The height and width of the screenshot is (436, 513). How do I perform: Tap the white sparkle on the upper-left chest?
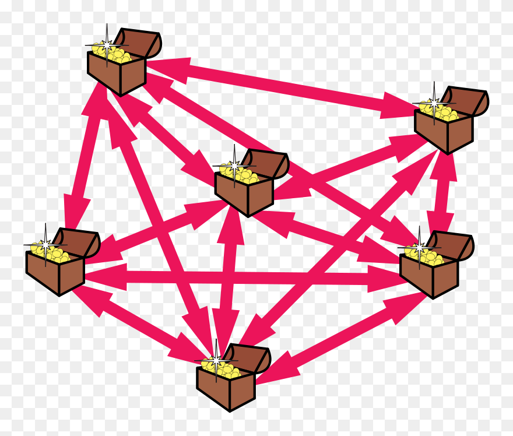click(107, 43)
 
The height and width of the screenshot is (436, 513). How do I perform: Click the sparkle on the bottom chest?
click(216, 361)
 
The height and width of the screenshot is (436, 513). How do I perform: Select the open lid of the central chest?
click(272, 164)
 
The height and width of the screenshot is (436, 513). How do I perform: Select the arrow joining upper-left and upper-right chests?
click(280, 85)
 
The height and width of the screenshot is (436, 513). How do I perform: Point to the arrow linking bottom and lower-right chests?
click(344, 338)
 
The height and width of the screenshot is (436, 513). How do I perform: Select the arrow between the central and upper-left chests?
click(168, 136)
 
